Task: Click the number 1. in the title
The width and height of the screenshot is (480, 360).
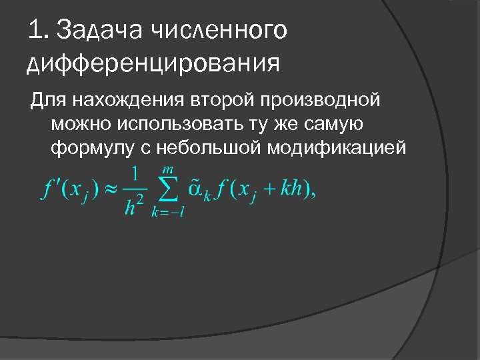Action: (39, 30)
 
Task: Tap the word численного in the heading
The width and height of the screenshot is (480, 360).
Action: (220, 30)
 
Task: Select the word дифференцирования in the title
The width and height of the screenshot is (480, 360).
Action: (151, 65)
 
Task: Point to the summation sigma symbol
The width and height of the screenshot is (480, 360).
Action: (170, 191)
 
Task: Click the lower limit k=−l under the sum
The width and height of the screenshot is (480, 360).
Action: (168, 212)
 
